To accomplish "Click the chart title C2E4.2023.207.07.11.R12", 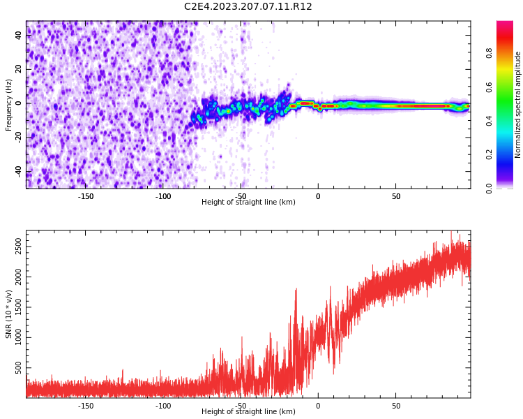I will point(248,7).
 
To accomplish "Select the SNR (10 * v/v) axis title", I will point(9,314).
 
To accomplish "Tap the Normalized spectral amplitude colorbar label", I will point(518,105).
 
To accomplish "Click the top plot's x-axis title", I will point(248,203).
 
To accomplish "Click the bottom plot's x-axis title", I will point(248,412).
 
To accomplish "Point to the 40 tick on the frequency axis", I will point(19,35).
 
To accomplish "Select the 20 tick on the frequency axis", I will point(19,69).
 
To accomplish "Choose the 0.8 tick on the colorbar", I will point(489,52).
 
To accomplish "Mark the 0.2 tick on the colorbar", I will point(489,154).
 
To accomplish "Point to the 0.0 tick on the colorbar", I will point(489,188).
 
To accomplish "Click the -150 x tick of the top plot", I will point(86,196).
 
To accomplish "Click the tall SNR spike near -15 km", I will point(296,290).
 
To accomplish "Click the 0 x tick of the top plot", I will point(318,196).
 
